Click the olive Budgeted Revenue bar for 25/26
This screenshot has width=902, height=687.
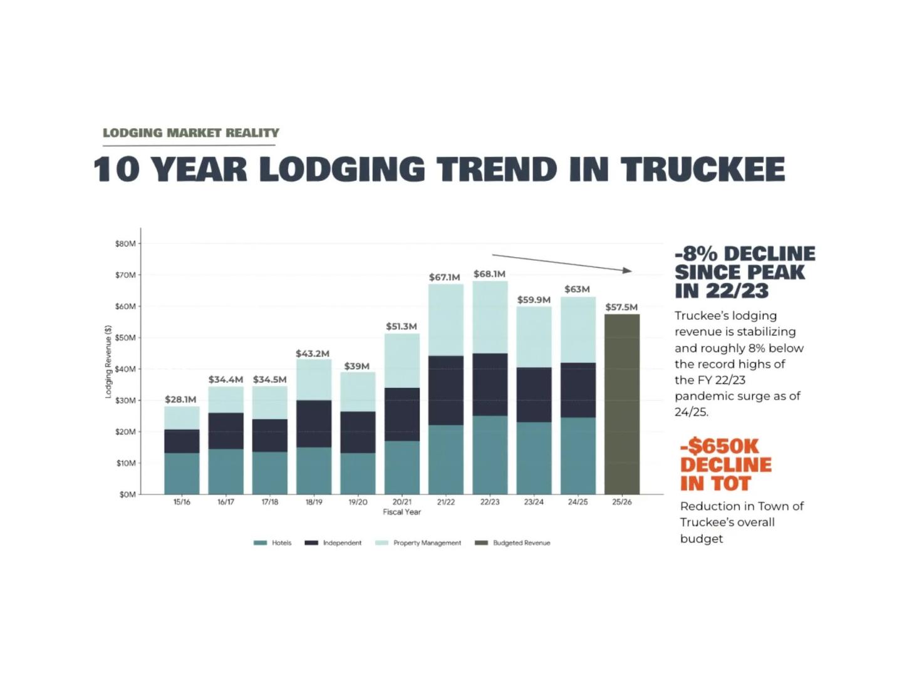[621, 404]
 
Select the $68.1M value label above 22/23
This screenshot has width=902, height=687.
[489, 274]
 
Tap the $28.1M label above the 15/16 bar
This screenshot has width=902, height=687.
[180, 399]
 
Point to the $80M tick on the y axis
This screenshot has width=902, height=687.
[125, 243]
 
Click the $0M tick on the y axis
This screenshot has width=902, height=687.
[127, 494]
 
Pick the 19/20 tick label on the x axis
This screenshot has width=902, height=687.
[358, 502]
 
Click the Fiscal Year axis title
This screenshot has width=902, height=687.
[402, 512]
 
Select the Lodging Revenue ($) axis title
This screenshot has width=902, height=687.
[108, 362]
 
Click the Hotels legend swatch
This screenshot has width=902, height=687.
[260, 542]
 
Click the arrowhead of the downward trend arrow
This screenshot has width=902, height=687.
[628, 270]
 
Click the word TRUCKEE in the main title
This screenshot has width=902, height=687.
[702, 170]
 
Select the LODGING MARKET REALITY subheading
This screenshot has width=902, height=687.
[191, 133]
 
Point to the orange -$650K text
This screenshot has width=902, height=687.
[720, 446]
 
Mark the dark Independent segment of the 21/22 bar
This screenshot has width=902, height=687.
[446, 390]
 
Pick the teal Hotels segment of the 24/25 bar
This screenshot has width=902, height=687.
[578, 455]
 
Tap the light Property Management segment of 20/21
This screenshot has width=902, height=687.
[402, 360]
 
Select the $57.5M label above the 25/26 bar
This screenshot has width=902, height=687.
[621, 307]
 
